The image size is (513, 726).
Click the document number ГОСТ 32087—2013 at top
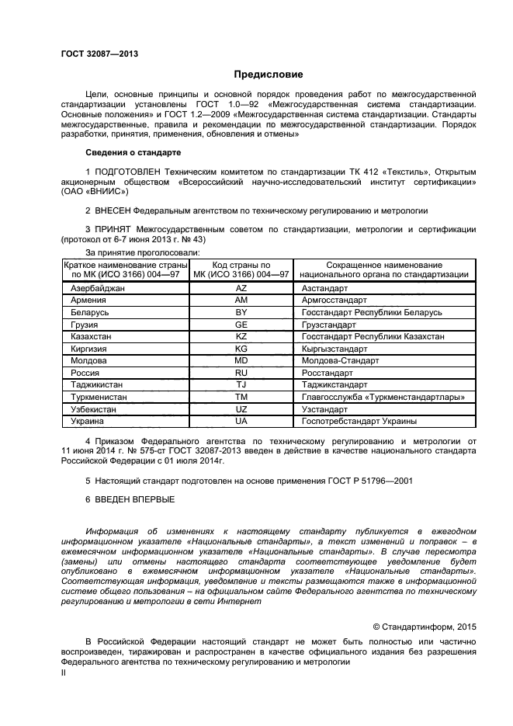click(x=100, y=54)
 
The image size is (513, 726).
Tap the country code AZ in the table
click(x=241, y=287)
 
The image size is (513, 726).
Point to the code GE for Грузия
click(x=241, y=324)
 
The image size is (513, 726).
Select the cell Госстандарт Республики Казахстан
click(x=373, y=336)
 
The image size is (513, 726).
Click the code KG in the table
click(x=241, y=349)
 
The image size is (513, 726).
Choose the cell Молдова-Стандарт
click(x=339, y=360)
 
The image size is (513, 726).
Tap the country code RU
click(x=241, y=373)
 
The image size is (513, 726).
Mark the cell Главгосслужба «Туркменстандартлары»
click(x=383, y=397)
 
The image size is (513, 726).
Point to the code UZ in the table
click(x=241, y=409)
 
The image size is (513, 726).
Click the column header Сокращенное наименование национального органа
click(x=383, y=269)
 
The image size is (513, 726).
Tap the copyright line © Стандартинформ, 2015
click(x=425, y=625)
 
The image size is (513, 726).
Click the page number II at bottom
click(x=64, y=673)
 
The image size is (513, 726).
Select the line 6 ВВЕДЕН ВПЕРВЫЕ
click(x=130, y=499)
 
